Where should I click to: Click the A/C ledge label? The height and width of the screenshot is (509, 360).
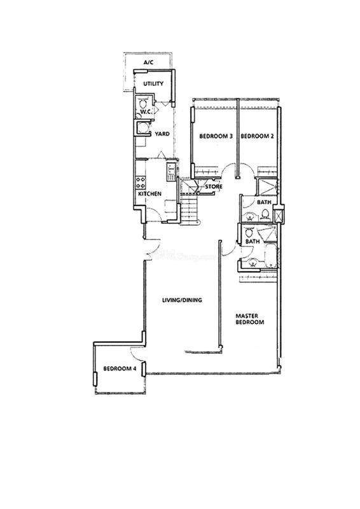(149, 62)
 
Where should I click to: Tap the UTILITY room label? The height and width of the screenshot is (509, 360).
(153, 84)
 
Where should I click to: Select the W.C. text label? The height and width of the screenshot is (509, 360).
(145, 113)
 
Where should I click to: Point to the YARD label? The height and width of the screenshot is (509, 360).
(162, 134)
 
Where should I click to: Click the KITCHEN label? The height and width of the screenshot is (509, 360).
(149, 194)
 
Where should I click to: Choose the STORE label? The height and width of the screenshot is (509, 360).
(214, 186)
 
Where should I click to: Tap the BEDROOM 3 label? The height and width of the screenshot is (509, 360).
(216, 136)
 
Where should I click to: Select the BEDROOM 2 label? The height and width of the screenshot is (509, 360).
(257, 136)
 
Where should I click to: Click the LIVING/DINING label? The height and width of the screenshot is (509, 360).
(182, 300)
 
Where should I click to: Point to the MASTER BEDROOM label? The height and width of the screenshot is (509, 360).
(249, 319)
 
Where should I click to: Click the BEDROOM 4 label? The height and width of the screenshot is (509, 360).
(120, 368)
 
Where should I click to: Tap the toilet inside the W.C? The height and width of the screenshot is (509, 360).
(142, 104)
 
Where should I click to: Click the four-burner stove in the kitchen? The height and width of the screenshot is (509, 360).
(141, 183)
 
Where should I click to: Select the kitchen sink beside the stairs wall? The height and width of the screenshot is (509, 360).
(171, 172)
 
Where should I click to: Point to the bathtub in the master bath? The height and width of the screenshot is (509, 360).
(270, 256)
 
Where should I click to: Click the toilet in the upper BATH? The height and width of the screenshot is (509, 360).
(265, 214)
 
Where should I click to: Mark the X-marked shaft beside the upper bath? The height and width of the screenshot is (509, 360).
(278, 216)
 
